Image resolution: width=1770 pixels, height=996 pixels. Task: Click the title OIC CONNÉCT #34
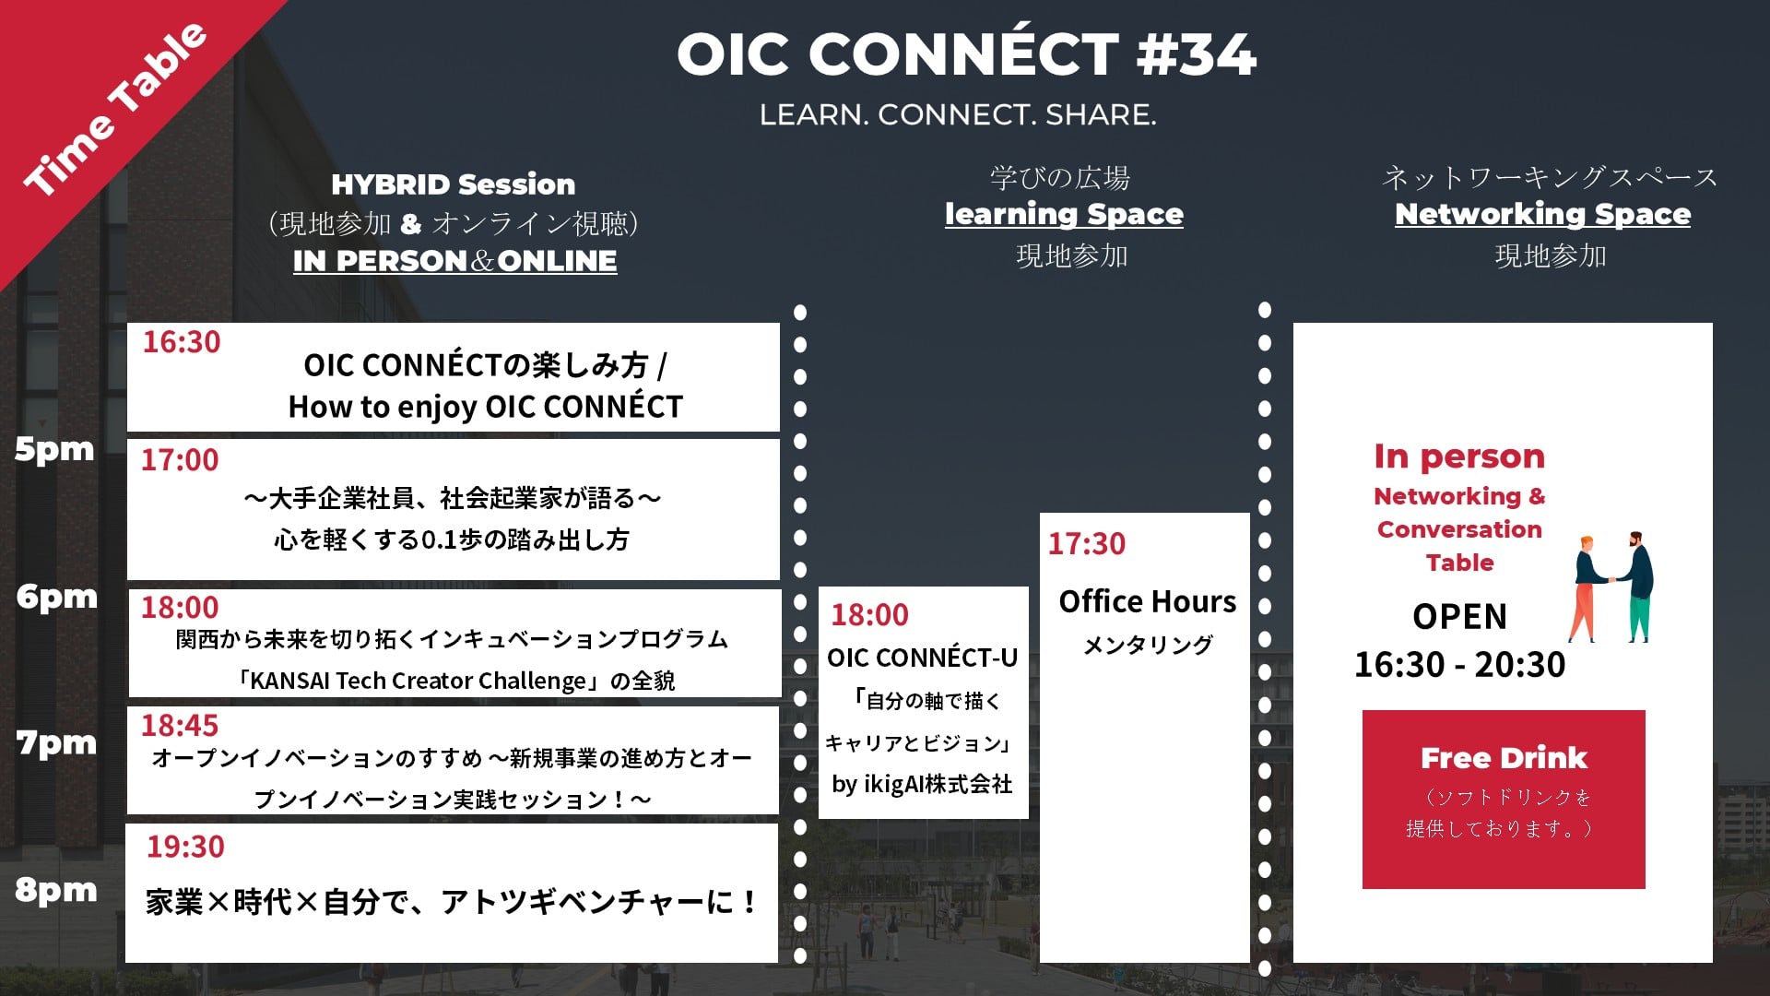966,53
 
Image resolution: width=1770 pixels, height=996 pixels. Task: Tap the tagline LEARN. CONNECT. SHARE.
958,115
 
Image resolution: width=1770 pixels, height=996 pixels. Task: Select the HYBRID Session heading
454,184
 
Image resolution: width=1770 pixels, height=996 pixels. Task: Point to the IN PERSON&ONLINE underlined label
455,261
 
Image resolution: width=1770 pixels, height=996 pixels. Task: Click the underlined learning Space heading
1064,214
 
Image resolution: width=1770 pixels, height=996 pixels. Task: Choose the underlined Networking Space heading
1542,214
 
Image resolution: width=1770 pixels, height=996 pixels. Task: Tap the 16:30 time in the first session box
182,342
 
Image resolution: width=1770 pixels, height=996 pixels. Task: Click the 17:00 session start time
180,460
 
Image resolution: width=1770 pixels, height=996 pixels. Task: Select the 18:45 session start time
180,726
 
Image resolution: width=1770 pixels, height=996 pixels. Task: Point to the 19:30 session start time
185,847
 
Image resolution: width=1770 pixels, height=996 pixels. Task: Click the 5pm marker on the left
54,449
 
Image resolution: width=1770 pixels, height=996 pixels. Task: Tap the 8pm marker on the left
56,890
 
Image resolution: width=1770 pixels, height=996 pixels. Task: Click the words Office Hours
1148,601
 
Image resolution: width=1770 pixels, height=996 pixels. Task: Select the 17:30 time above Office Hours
1087,544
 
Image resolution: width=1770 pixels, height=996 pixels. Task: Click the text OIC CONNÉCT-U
923,658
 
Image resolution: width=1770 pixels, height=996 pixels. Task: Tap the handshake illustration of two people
1611,587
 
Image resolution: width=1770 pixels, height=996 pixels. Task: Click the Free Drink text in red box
1504,758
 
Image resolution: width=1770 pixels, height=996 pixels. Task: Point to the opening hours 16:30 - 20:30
1460,665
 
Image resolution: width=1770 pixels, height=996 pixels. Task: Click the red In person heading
1459,456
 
